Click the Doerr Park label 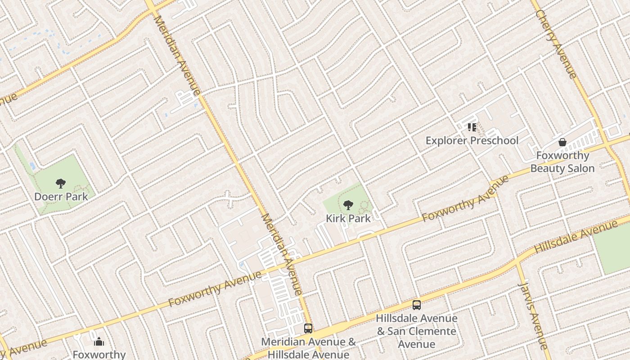pos(61,197)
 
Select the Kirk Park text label pos(348,219)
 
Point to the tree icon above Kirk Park pos(348,206)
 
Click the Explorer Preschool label pos(472,141)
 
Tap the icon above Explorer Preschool pos(472,127)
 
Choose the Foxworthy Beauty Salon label pos(562,162)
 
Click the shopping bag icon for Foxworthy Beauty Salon pos(562,142)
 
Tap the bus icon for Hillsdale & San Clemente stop pos(416,305)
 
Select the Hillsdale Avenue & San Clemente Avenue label pos(416,331)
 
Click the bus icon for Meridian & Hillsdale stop pos(308,328)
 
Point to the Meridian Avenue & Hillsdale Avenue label pos(309,348)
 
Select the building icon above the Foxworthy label pos(99,342)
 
